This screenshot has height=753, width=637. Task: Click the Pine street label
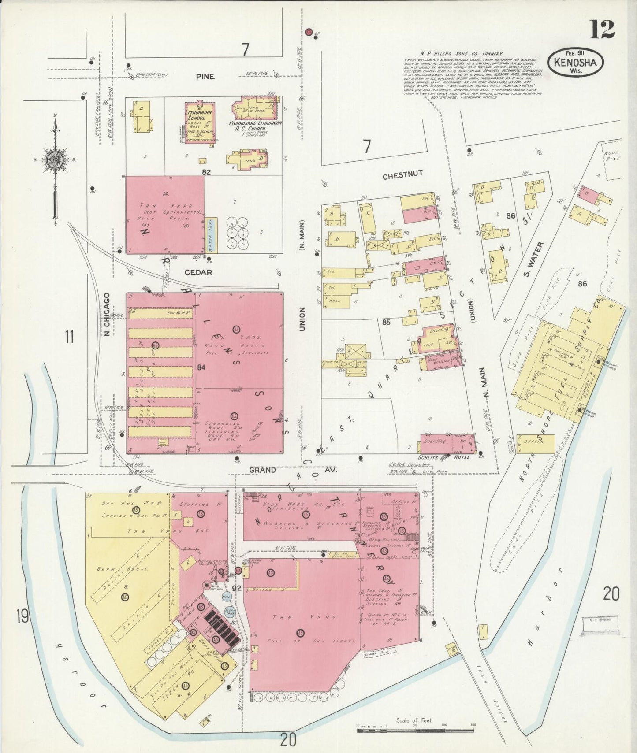pyautogui.click(x=205, y=77)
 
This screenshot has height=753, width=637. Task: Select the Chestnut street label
pyautogui.click(x=402, y=174)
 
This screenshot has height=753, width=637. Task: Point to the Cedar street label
pyautogui.click(x=198, y=272)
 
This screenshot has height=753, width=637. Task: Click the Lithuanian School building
pyautogui.click(x=200, y=122)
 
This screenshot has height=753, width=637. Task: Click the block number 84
pyautogui.click(x=201, y=367)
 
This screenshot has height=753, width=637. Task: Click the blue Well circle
pyautogui.click(x=227, y=597)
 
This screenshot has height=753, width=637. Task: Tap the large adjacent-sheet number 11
pyautogui.click(x=68, y=338)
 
